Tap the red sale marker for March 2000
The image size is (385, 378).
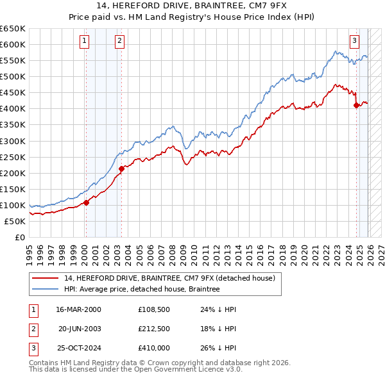(86, 202)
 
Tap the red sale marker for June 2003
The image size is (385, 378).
(121, 168)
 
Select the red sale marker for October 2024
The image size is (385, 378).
(357, 106)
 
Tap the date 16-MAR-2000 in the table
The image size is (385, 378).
(78, 309)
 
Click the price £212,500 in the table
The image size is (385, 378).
(154, 329)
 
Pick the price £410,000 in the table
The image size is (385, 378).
(154, 348)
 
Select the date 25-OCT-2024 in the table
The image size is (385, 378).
(78, 348)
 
